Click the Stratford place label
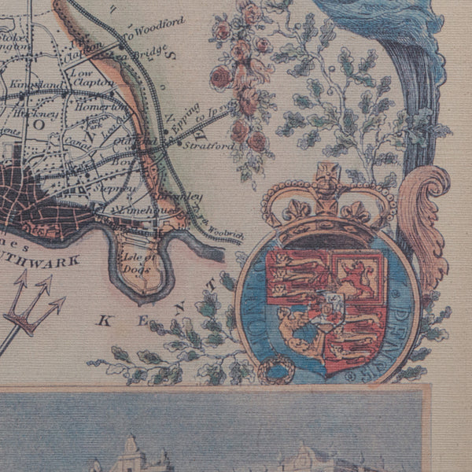[x=213, y=146]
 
